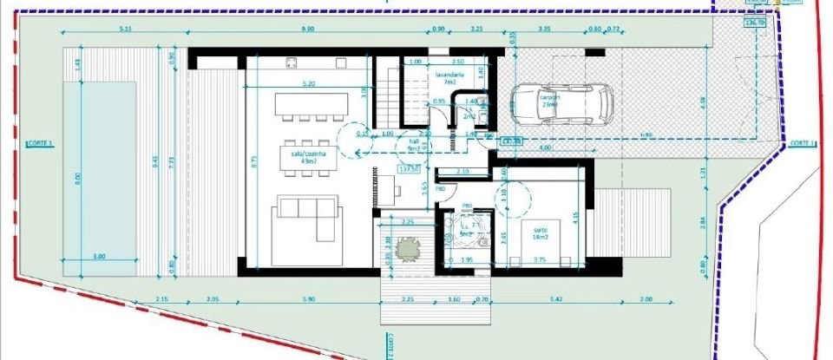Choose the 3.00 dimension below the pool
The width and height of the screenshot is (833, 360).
click(99, 256)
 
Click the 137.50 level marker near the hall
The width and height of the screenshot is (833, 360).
click(409, 168)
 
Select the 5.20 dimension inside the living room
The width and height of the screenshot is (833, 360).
click(305, 84)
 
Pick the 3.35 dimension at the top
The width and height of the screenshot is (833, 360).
click(545, 29)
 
